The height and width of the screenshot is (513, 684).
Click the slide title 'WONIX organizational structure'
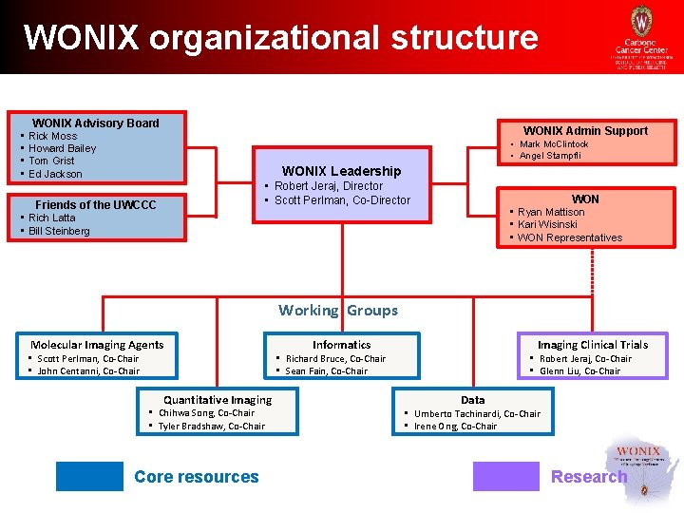[x=280, y=38]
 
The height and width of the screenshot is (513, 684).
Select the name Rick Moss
[x=53, y=136]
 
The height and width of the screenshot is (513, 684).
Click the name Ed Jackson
[x=55, y=174]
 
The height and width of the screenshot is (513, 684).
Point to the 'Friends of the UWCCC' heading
[x=95, y=205]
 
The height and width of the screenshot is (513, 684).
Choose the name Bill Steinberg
[x=59, y=231]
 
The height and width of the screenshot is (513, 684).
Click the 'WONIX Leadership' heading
[x=341, y=171]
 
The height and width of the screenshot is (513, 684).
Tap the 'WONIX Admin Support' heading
[x=585, y=131]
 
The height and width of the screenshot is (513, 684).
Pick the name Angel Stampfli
[x=550, y=156]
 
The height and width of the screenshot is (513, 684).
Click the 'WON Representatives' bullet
[x=570, y=237]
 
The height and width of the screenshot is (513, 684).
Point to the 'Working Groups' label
[x=338, y=311]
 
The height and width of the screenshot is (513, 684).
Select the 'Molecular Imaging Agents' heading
[x=97, y=345]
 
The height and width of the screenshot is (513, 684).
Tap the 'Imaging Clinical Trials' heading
[x=592, y=345]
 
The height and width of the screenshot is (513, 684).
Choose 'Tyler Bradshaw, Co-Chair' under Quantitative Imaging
[x=211, y=427]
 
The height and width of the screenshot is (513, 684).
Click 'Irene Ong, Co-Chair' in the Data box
[x=455, y=427]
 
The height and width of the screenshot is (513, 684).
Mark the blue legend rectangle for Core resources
[x=89, y=476]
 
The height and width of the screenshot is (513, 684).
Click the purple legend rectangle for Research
[x=505, y=476]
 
